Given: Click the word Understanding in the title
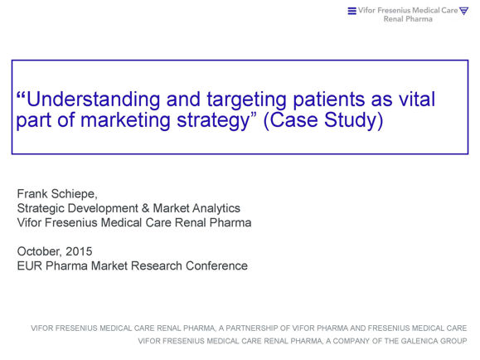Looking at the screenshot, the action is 93,100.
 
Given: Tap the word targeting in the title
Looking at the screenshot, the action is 247,100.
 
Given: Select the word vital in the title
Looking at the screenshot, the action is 417,99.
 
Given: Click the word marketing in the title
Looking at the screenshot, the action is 125,120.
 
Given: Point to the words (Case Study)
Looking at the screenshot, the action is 323,120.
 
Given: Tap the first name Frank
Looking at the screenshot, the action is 32,193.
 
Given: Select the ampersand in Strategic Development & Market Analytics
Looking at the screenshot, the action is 145,208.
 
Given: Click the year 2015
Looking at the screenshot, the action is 79,251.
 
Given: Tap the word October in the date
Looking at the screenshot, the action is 39,251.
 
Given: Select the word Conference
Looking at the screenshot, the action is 216,266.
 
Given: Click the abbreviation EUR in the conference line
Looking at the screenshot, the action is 30,266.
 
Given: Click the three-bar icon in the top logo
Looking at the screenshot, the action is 352,11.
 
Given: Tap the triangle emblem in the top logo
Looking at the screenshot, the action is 464,11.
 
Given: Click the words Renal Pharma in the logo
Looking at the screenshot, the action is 408,19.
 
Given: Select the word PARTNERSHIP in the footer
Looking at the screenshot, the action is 252,328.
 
